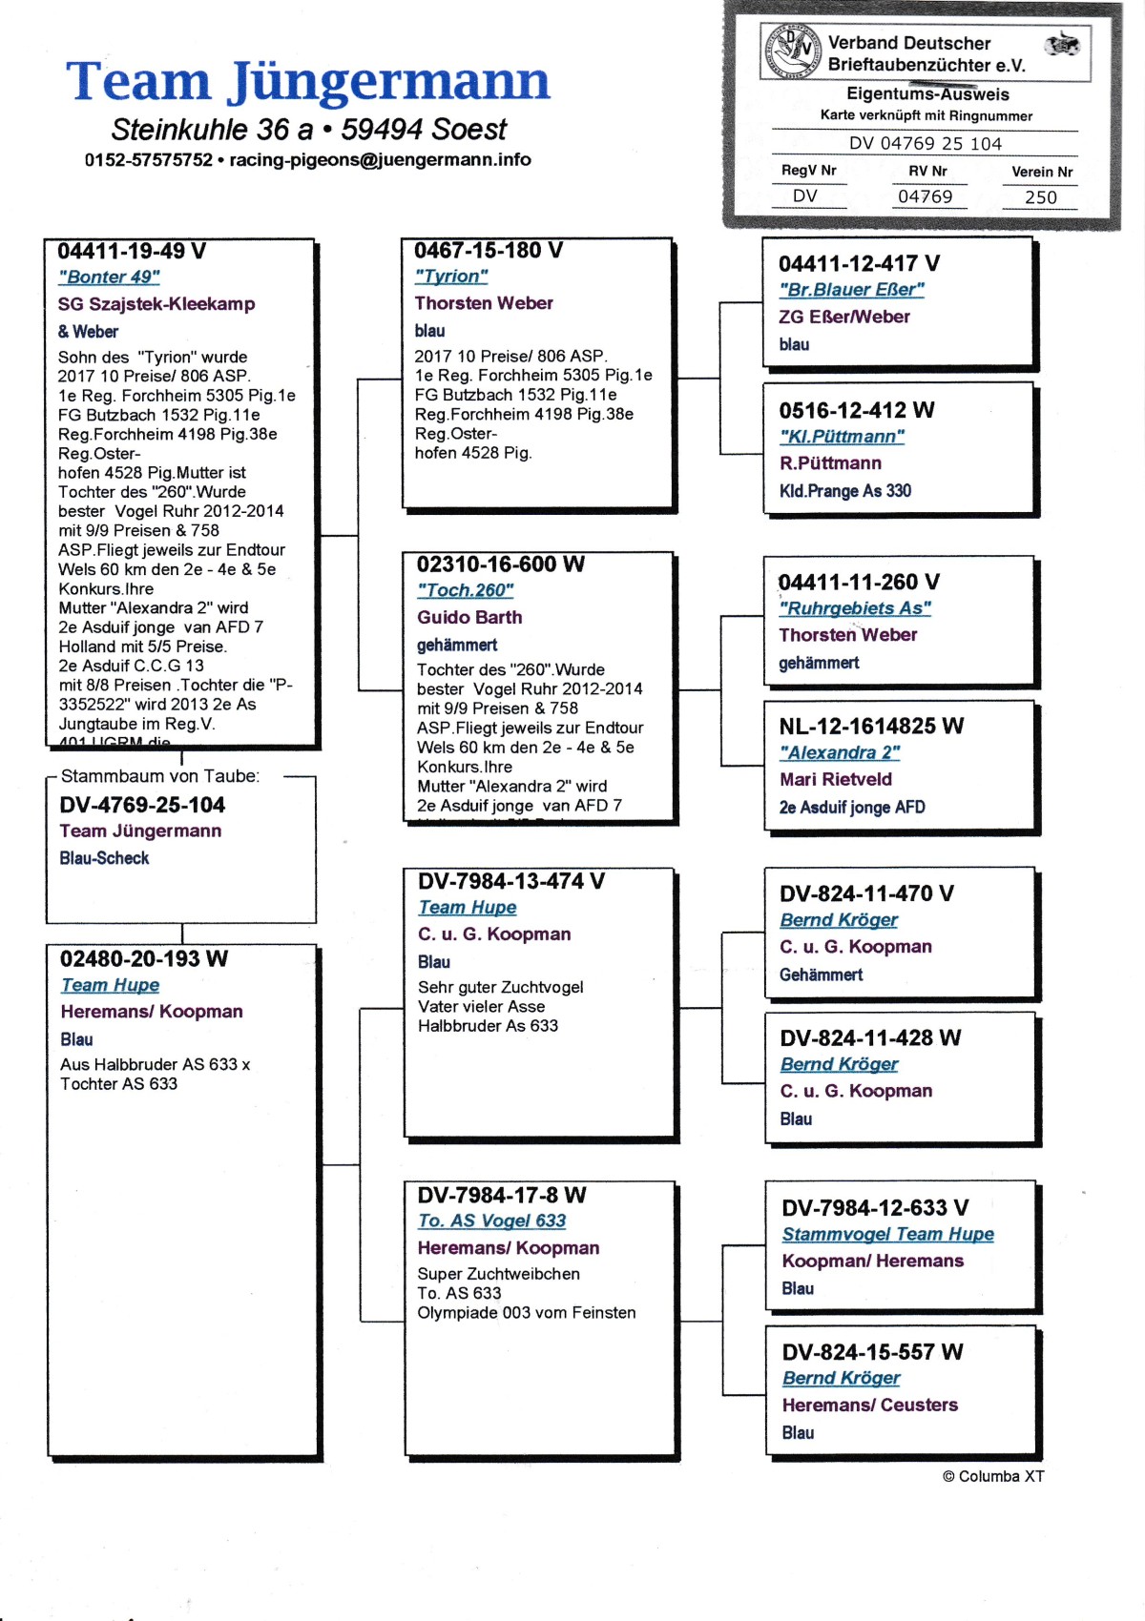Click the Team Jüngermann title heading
[307, 82]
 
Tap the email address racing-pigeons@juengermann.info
[380, 160]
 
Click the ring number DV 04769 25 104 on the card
[925, 144]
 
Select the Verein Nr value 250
[1040, 197]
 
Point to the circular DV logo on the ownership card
[793, 51]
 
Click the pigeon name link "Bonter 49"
[109, 277]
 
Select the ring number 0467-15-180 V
[488, 251]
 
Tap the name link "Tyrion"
[450, 277]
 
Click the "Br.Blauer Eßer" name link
[851, 290]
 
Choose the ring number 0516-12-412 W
[856, 411]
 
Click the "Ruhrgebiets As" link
[854, 608]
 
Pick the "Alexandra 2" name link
[839, 753]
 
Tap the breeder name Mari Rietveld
[835, 779]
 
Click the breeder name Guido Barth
[468, 618]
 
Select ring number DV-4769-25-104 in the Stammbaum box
[142, 806]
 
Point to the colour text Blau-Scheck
[104, 858]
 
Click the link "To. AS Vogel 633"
[491, 1221]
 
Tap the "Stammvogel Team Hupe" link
[887, 1235]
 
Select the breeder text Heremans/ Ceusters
[869, 1406]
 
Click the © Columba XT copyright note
[992, 1477]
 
